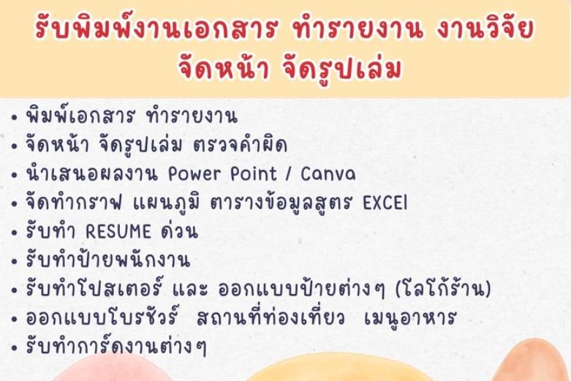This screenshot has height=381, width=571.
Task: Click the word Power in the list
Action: tap(194, 174)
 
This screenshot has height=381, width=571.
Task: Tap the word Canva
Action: tap(328, 174)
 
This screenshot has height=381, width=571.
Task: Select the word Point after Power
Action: tap(254, 174)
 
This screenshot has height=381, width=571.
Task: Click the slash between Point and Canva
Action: tap(288, 174)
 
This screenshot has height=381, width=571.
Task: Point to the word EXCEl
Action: tap(385, 203)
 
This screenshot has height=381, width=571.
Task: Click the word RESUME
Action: tap(118, 232)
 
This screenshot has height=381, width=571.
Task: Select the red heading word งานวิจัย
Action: tap(485, 28)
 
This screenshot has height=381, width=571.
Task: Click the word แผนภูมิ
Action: tap(167, 202)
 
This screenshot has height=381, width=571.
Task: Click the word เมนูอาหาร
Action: tap(409, 318)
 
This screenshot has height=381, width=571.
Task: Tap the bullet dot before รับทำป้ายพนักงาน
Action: tap(14, 262)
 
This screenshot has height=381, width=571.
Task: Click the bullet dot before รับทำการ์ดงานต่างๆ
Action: tap(14, 348)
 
